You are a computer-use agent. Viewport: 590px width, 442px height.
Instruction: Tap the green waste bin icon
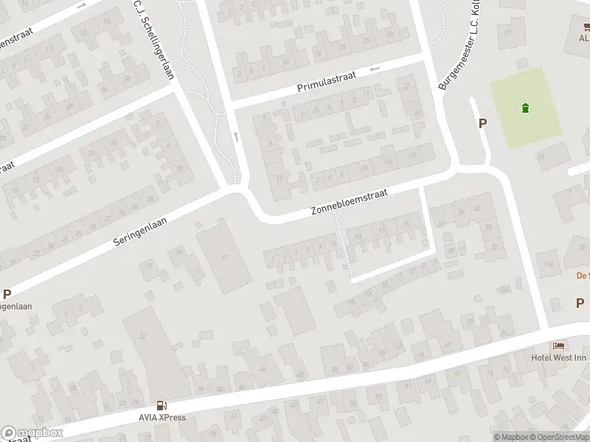pyautogui.click(x=525, y=108)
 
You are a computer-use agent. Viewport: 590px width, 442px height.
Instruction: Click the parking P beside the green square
pyautogui.click(x=483, y=124)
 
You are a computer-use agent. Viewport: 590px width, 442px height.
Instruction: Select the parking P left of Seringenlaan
pyautogui.click(x=7, y=294)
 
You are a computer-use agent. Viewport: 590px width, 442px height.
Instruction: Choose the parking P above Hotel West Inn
pyautogui.click(x=579, y=303)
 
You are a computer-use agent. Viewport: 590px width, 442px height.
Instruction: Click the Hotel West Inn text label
pyautogui.click(x=560, y=358)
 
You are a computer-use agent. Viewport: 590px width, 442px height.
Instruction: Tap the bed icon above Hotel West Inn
pyautogui.click(x=559, y=346)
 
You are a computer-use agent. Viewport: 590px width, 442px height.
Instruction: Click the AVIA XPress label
pyautogui.click(x=161, y=418)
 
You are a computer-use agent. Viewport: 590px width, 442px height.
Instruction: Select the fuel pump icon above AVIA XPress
pyautogui.click(x=160, y=405)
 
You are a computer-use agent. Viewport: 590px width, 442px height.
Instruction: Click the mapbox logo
pyautogui.click(x=32, y=433)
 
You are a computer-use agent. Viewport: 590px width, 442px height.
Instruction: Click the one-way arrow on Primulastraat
pyautogui.click(x=375, y=70)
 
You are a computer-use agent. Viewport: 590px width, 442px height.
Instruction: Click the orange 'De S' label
pyautogui.click(x=582, y=276)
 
